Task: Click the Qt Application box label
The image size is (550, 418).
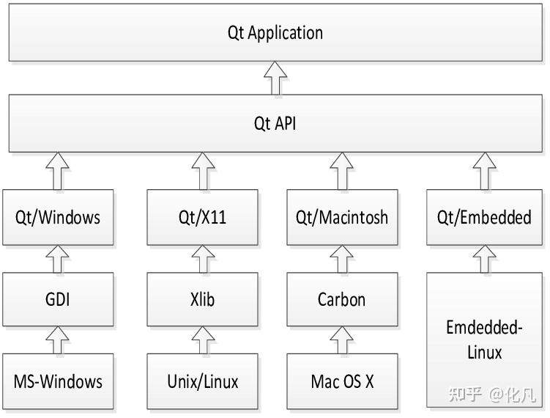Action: click(x=275, y=33)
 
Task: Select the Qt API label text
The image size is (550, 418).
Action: click(x=275, y=123)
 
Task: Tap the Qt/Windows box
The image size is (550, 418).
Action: click(x=58, y=217)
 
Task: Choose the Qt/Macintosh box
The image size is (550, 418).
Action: click(x=341, y=217)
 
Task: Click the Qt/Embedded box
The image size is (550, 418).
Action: click(x=484, y=217)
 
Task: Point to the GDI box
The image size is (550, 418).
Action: click(x=58, y=299)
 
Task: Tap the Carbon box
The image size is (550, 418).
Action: click(x=341, y=299)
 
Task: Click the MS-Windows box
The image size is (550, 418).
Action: click(x=58, y=381)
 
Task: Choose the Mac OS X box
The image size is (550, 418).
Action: click(x=341, y=381)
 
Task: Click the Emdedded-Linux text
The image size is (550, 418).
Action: click(x=484, y=340)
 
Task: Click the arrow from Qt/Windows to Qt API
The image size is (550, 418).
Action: click(x=58, y=170)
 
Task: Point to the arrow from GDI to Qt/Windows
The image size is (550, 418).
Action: click(x=58, y=258)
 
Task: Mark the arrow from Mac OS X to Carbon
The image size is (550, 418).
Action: click(x=341, y=340)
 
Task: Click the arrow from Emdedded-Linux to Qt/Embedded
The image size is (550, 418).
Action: click(x=484, y=258)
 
